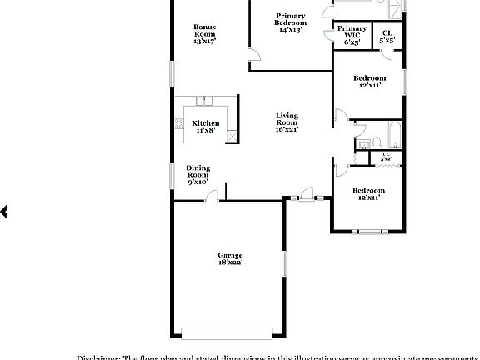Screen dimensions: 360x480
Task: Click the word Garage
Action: [230, 255]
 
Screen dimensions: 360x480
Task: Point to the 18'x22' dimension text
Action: [230, 262]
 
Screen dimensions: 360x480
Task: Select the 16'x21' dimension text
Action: [287, 129]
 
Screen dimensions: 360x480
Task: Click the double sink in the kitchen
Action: [205, 102]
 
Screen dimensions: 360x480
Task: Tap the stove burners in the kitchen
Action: [179, 124]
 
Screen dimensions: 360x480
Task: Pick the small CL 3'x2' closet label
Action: [386, 156]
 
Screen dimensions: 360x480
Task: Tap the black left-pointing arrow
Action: [4, 212]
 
